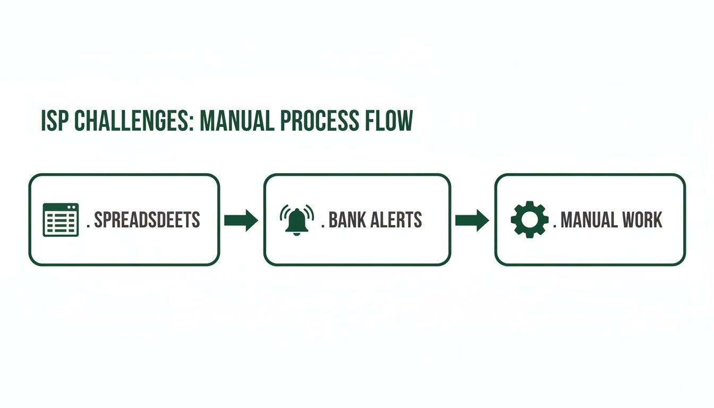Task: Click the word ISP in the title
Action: click(x=55, y=122)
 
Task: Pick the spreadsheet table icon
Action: click(x=60, y=219)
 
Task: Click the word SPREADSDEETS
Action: click(x=147, y=220)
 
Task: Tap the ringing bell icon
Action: click(x=296, y=219)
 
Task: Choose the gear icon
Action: click(x=529, y=219)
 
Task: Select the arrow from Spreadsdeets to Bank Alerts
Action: click(x=241, y=220)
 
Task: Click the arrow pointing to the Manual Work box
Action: click(x=472, y=220)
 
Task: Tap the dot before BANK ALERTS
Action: click(x=323, y=226)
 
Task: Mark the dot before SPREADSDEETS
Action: click(x=88, y=226)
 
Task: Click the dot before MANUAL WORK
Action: click(x=555, y=226)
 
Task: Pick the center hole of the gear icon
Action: click(x=529, y=219)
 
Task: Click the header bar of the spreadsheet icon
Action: click(x=60, y=207)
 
